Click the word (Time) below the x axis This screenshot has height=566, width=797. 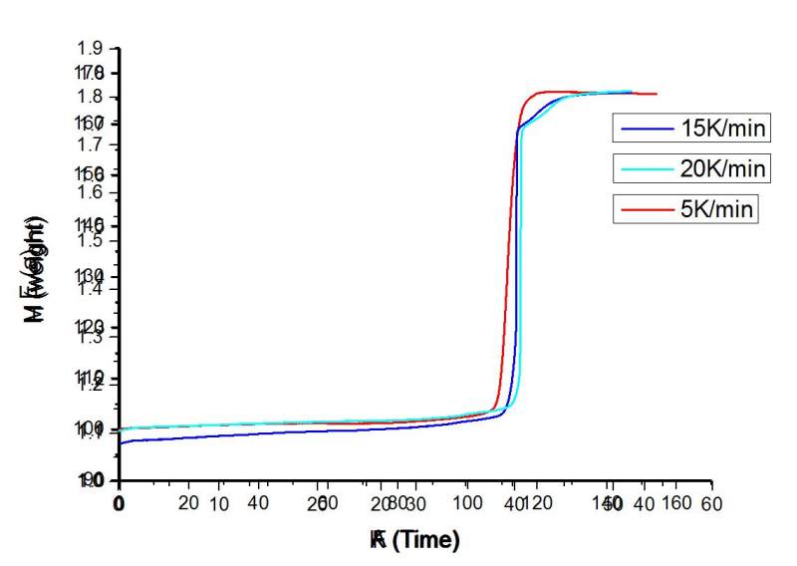(x=426, y=541)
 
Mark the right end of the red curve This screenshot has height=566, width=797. (x=657, y=94)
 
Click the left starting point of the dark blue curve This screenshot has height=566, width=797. (x=120, y=442)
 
